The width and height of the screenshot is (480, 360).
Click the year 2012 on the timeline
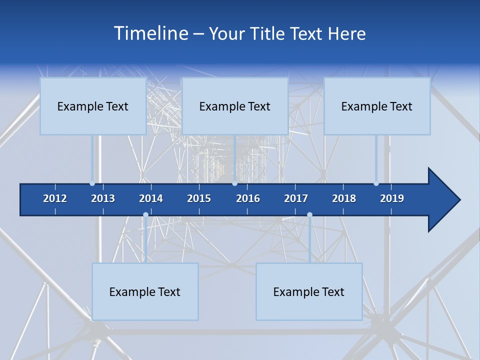(x=55, y=198)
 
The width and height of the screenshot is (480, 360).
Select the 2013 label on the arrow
(x=103, y=198)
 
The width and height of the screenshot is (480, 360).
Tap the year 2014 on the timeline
(x=151, y=198)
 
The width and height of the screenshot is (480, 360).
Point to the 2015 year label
(x=199, y=198)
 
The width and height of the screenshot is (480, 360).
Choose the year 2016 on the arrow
(x=248, y=198)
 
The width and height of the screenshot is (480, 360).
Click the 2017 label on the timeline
(x=296, y=198)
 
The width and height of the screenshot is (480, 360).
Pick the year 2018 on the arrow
(x=344, y=198)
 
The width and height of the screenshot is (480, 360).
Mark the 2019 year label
(x=392, y=198)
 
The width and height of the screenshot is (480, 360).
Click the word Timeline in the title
(x=150, y=33)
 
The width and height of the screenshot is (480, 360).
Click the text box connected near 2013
(x=93, y=106)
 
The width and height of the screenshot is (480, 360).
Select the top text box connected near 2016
(x=235, y=106)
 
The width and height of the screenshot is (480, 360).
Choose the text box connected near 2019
(x=377, y=106)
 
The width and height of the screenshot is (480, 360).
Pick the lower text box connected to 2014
(x=145, y=291)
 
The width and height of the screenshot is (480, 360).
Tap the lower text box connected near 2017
(x=309, y=291)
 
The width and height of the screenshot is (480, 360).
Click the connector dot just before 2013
(x=92, y=183)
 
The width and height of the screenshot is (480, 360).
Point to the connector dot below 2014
(x=145, y=215)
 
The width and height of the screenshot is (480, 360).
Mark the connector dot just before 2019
(x=376, y=183)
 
